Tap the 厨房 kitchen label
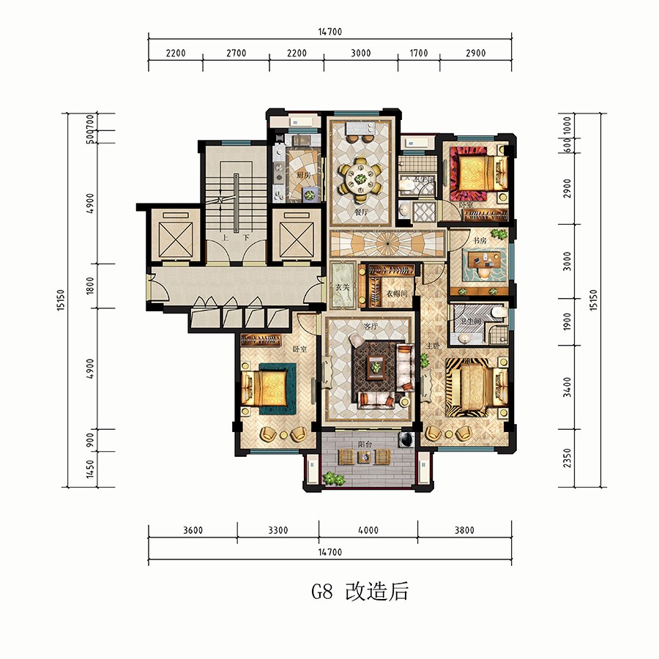(x=302, y=175)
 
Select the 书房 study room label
(x=479, y=239)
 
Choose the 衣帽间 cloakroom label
(x=396, y=293)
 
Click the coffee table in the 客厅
(x=377, y=368)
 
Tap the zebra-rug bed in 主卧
(x=476, y=387)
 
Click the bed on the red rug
(x=479, y=173)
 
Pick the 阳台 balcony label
(x=363, y=442)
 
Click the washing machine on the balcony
(x=403, y=439)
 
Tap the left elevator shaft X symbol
(x=173, y=236)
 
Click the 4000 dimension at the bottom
(x=368, y=531)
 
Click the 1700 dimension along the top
(x=418, y=53)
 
